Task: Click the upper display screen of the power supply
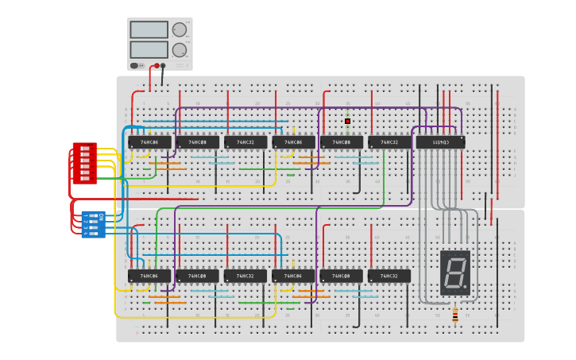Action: click(149, 29)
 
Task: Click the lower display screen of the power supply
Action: click(149, 49)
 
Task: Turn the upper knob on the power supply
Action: click(180, 29)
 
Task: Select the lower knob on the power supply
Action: click(180, 50)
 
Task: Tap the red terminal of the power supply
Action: click(157, 66)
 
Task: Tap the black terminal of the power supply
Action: click(164, 66)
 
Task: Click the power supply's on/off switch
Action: click(135, 66)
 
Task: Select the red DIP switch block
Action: click(85, 164)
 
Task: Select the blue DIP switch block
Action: click(93, 224)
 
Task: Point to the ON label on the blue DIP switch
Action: click(101, 216)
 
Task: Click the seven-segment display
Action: click(455, 273)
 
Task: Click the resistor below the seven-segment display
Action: click(455, 315)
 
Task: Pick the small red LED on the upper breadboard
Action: click(347, 122)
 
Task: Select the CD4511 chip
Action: click(440, 142)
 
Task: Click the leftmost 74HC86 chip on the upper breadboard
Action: click(149, 142)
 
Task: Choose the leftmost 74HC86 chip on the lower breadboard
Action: click(149, 276)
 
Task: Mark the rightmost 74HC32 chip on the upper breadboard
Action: click(389, 142)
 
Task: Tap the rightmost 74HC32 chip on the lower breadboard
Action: click(389, 276)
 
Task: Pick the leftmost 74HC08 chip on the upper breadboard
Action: click(197, 142)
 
